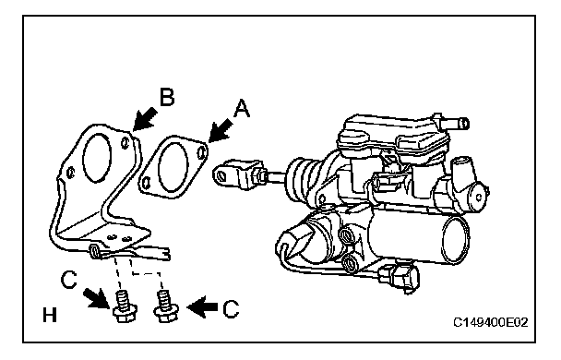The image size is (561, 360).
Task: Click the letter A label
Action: [242, 109]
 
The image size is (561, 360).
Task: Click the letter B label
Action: [167, 97]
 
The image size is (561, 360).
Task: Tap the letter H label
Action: [50, 316]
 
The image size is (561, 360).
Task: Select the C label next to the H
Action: [68, 280]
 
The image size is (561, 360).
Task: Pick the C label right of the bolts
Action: [231, 308]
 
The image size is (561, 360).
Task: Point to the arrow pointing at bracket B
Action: [145, 119]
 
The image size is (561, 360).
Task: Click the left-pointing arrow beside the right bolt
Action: [202, 307]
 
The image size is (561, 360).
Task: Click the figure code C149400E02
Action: [491, 322]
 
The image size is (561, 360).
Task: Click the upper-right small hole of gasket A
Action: [202, 151]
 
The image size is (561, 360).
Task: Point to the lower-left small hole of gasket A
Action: [146, 182]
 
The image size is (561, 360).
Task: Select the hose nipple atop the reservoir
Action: [451, 122]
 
